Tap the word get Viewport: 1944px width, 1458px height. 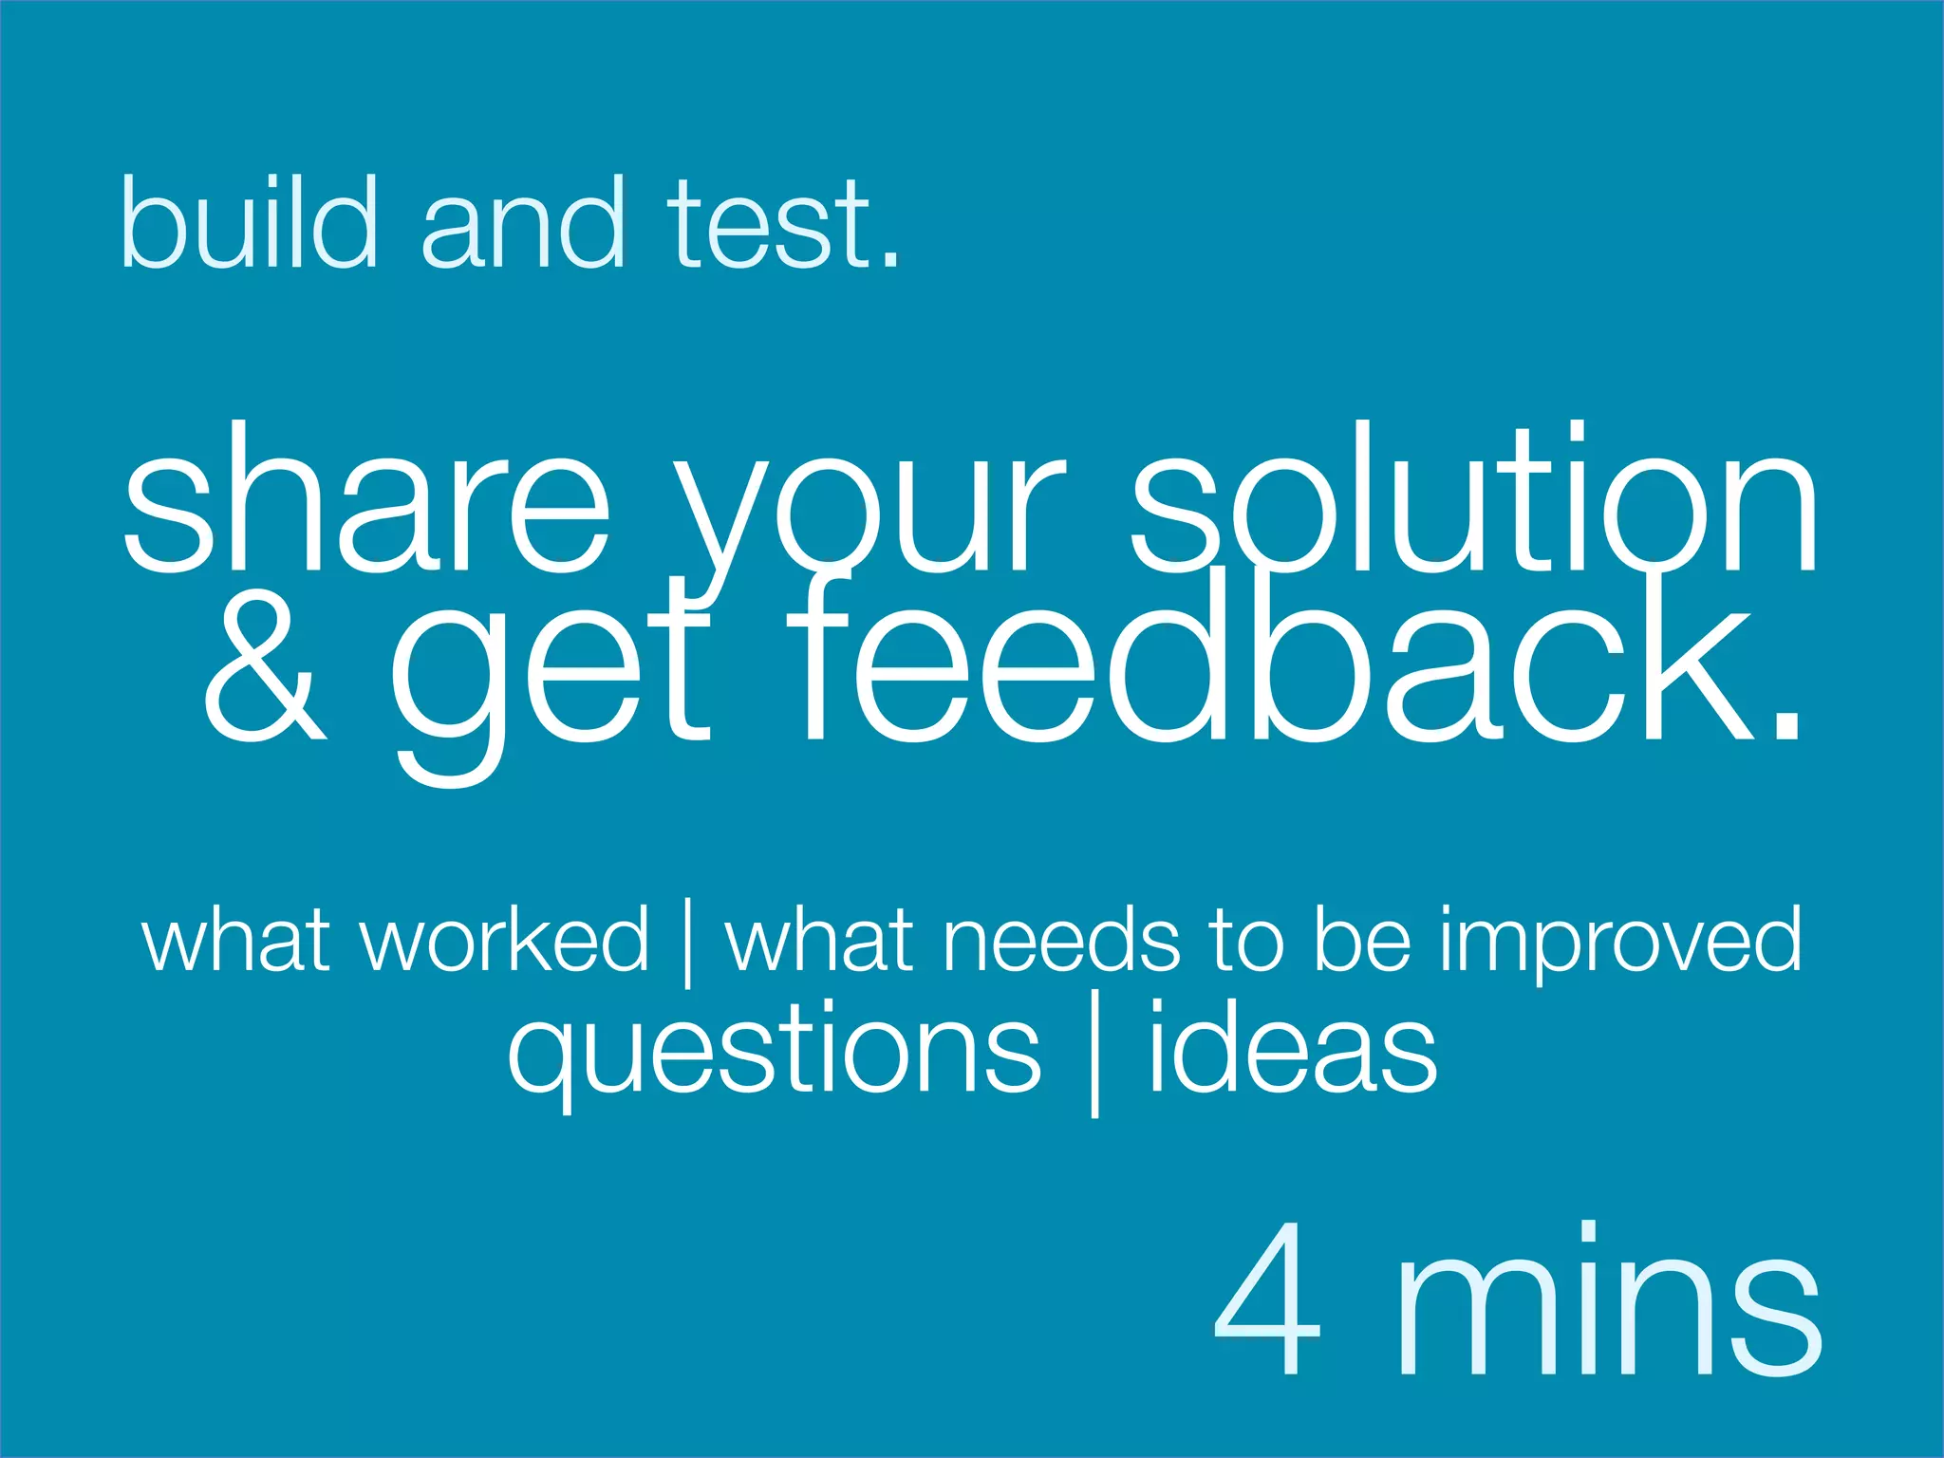coord(551,679)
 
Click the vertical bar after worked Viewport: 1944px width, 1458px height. coord(686,944)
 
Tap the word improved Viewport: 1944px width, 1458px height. coord(1619,944)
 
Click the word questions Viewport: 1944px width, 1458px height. coord(775,1054)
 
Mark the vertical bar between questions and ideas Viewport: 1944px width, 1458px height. coord(1095,1054)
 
